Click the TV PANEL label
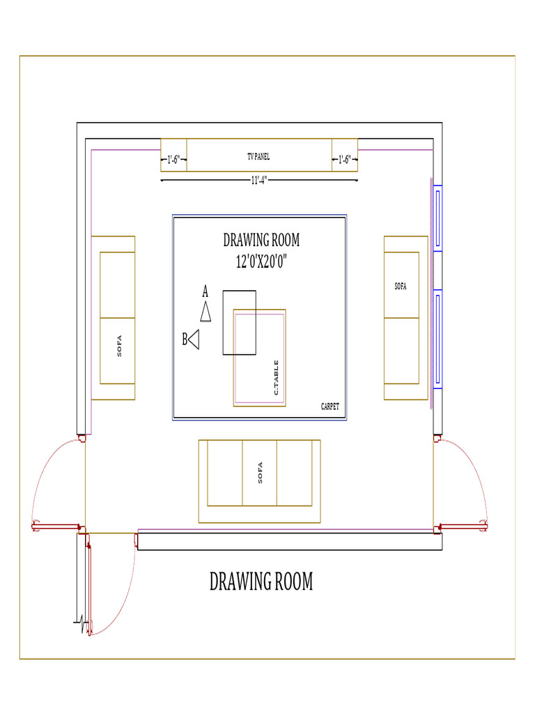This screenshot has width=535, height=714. (x=258, y=157)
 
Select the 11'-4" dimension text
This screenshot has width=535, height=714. (x=259, y=180)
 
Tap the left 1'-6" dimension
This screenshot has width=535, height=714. (x=173, y=160)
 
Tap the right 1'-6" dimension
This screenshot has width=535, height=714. (x=344, y=160)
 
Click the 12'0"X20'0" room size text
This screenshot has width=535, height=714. (x=261, y=262)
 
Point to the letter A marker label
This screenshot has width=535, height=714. (x=205, y=289)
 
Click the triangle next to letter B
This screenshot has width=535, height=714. (x=194, y=340)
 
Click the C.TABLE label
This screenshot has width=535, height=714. (x=277, y=377)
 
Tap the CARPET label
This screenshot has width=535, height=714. (x=329, y=407)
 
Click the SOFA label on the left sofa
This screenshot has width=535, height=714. (x=119, y=347)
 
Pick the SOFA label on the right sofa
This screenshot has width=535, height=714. (x=401, y=287)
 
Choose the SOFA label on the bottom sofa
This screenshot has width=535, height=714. (x=260, y=473)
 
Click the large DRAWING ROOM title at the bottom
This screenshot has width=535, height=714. (x=261, y=582)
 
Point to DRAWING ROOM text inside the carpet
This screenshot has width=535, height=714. (x=261, y=241)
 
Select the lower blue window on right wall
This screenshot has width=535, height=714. (x=437, y=340)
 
